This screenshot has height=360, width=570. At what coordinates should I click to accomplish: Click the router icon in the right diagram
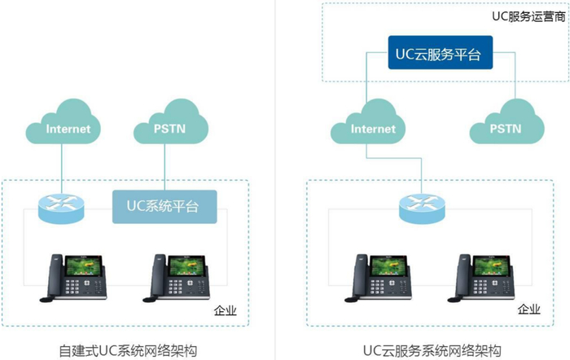click(x=422, y=208)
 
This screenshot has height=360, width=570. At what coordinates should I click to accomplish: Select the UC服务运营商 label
click(x=528, y=15)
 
